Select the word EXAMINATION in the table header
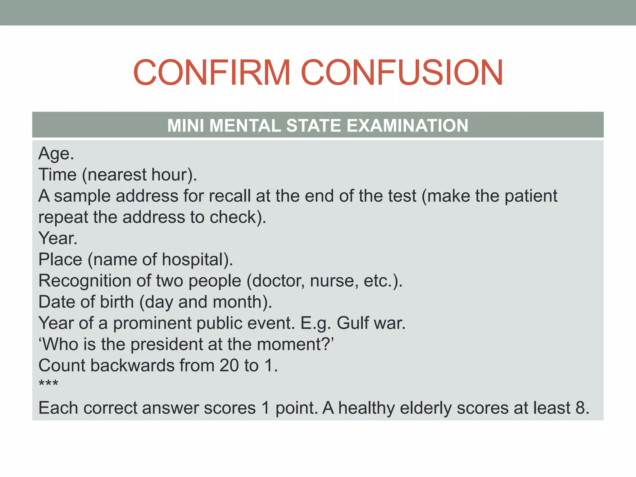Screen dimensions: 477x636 click(x=407, y=125)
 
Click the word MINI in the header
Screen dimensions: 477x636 click(x=186, y=125)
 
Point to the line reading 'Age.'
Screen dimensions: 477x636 click(x=56, y=154)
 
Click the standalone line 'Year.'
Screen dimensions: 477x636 click(x=58, y=238)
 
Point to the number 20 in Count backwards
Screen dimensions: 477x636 click(x=229, y=366)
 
